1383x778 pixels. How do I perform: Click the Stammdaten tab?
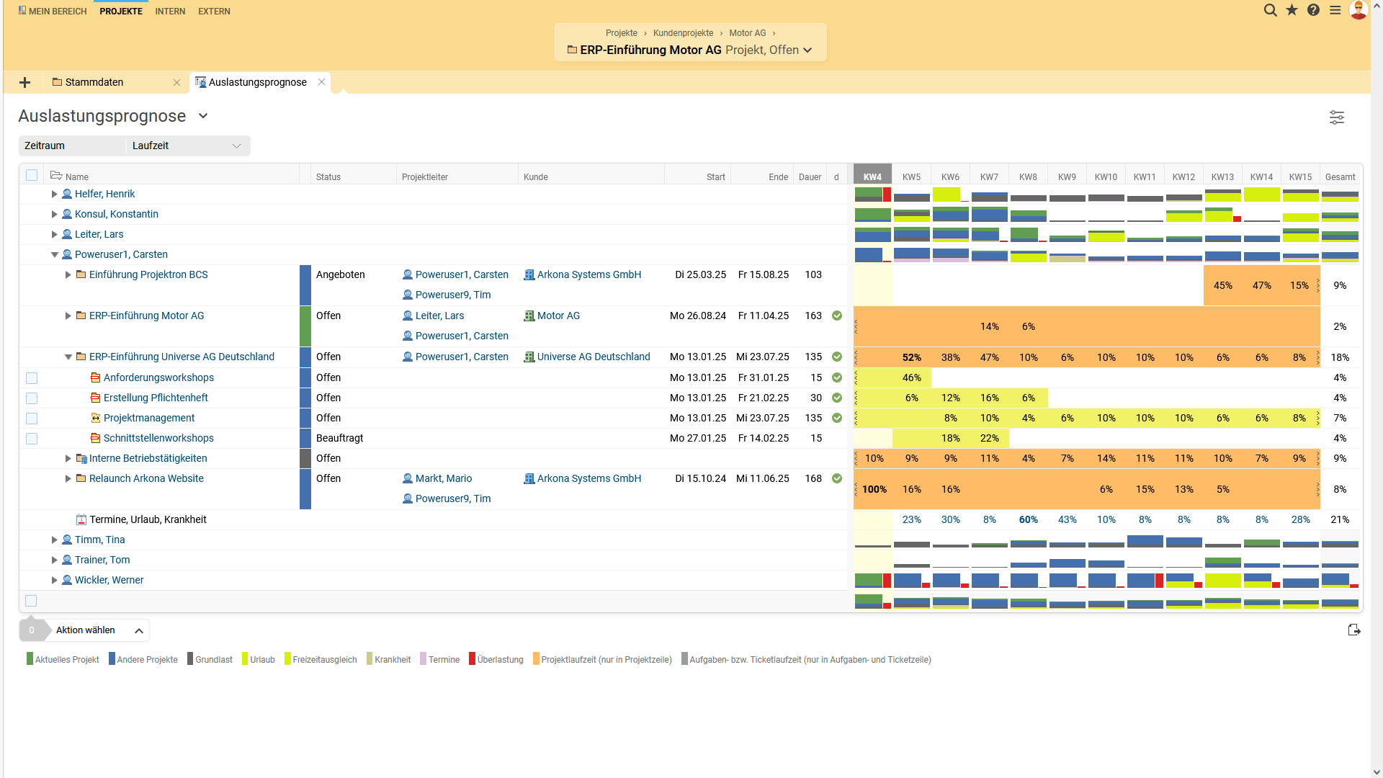[94, 82]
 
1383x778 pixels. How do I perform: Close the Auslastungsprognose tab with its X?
[322, 82]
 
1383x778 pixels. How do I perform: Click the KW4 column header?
[872, 176]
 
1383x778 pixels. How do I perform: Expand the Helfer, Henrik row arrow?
[54, 194]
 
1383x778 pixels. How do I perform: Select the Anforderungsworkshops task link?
[158, 377]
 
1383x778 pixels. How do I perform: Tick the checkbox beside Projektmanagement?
[32, 419]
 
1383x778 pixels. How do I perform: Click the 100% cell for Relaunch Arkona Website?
[874, 489]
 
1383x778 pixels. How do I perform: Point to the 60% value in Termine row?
[1028, 519]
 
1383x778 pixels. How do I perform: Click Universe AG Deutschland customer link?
[593, 357]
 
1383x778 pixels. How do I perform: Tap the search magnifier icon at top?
[1271, 10]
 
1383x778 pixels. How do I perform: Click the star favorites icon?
[1292, 10]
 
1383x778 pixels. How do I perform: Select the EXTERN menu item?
[214, 11]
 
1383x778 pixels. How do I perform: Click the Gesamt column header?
[1340, 176]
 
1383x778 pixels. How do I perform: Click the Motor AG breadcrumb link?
[747, 33]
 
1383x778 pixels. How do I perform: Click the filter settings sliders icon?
[1336, 117]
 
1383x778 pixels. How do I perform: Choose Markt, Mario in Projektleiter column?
[443, 478]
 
